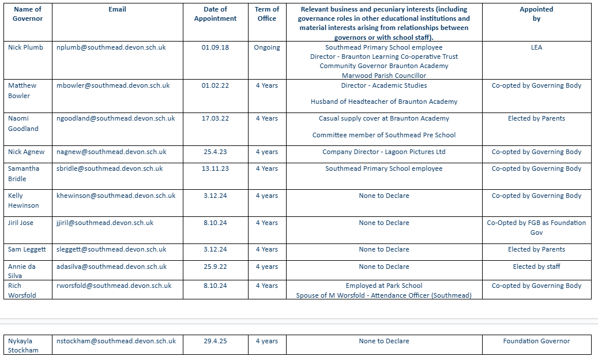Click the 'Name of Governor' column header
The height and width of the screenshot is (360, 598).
click(x=28, y=14)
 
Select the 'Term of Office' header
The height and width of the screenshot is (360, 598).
click(x=267, y=14)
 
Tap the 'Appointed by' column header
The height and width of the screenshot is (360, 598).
click(x=536, y=14)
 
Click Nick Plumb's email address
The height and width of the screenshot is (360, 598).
click(x=111, y=47)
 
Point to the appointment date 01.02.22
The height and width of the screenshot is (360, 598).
click(x=215, y=85)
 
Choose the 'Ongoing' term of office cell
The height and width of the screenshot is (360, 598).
click(x=267, y=47)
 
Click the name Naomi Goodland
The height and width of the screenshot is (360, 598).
click(x=23, y=123)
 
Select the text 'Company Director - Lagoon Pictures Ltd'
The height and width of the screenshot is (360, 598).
click(x=383, y=152)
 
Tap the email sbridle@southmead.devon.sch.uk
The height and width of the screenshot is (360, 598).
click(x=110, y=168)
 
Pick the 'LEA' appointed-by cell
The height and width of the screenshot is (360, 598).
click(x=536, y=47)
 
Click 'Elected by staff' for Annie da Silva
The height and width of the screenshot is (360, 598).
click(x=536, y=267)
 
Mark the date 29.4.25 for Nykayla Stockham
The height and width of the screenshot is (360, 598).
click(x=215, y=341)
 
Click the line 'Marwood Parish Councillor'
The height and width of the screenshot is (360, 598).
click(x=383, y=76)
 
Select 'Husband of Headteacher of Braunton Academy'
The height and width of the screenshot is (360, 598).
click(x=383, y=102)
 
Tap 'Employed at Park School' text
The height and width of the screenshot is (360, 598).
click(x=383, y=286)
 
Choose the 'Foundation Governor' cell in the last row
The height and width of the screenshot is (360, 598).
click(x=536, y=341)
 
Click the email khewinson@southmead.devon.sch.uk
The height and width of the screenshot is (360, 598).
click(x=116, y=196)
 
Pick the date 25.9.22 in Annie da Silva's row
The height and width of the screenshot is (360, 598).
click(x=215, y=267)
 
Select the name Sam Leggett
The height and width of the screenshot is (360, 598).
click(x=27, y=249)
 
